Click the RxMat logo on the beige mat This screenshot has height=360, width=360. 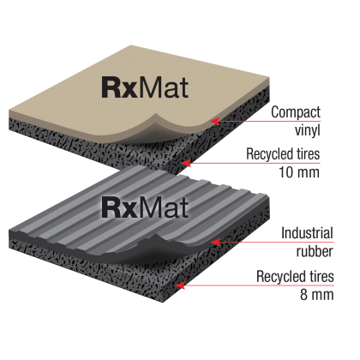(145, 87)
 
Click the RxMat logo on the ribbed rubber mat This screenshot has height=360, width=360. (145, 207)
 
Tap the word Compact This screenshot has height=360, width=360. (296, 112)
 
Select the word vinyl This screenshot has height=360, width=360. (308, 130)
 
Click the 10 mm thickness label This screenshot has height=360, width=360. (299, 172)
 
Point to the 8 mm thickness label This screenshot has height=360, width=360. (317, 294)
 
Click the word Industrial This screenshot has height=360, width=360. (307, 233)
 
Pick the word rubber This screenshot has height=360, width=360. (315, 251)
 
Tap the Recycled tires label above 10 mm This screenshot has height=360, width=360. (283, 153)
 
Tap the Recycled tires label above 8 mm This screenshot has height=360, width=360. (295, 276)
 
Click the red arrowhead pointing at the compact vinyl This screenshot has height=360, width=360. (215, 121)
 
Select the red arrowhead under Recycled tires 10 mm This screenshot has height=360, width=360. (186, 163)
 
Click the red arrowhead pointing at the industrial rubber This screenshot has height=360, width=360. (215, 243)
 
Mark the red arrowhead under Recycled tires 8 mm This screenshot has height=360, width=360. (180, 285)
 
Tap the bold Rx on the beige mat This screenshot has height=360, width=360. (119, 87)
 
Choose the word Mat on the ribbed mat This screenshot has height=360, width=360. (164, 207)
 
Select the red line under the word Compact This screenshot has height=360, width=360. (267, 121)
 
